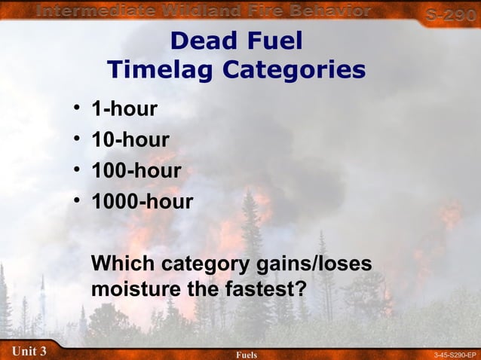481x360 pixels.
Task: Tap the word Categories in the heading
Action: click(294, 70)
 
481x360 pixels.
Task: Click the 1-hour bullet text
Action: click(124, 110)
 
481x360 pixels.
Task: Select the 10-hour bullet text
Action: click(130, 140)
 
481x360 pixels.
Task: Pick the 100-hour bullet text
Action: click(136, 171)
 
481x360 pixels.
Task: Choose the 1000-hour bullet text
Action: click(142, 202)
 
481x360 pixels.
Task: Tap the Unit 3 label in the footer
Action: click(29, 351)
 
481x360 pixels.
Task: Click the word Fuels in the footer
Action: click(247, 354)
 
